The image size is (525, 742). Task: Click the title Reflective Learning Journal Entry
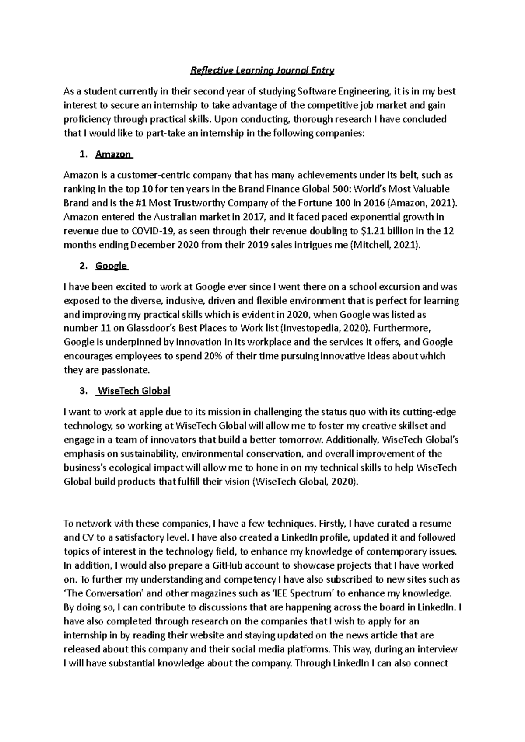[x=262, y=70]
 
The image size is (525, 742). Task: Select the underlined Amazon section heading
[x=113, y=154]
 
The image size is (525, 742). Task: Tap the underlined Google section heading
[x=111, y=266]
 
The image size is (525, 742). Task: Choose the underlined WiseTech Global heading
[x=133, y=391]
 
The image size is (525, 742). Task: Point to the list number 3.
[x=84, y=391]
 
